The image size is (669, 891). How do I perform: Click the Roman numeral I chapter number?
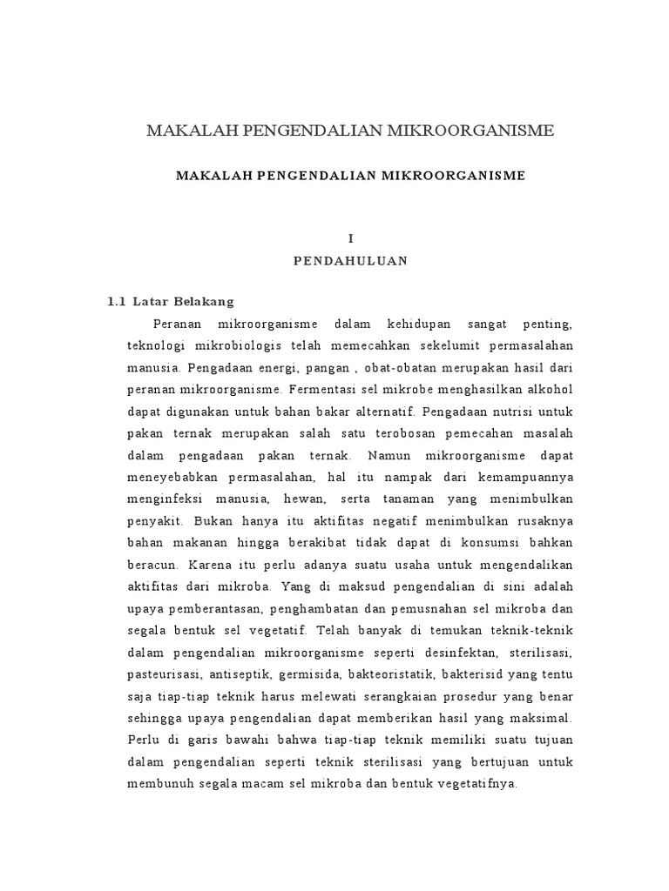351,238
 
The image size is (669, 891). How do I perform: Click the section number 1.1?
117,302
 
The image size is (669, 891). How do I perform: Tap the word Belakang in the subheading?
206,302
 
